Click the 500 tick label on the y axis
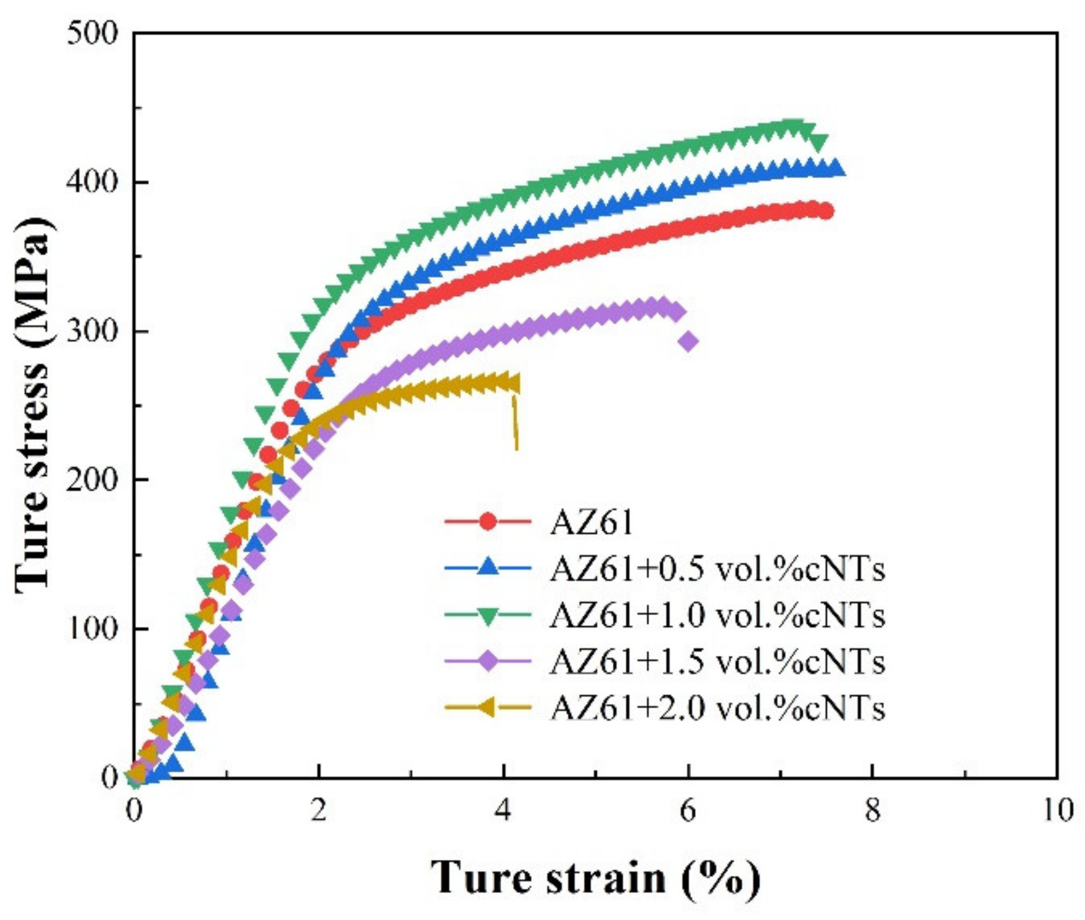coord(93,34)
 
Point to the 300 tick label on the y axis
coord(93,331)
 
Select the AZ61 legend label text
coord(591,523)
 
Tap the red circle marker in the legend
coord(488,522)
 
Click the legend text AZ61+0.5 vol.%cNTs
coord(717,569)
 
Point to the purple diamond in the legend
coord(488,662)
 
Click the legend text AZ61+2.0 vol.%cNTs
coord(717,708)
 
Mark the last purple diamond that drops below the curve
coord(688,341)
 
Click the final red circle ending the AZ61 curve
coord(826,211)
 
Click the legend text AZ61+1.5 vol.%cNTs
coord(717,662)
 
